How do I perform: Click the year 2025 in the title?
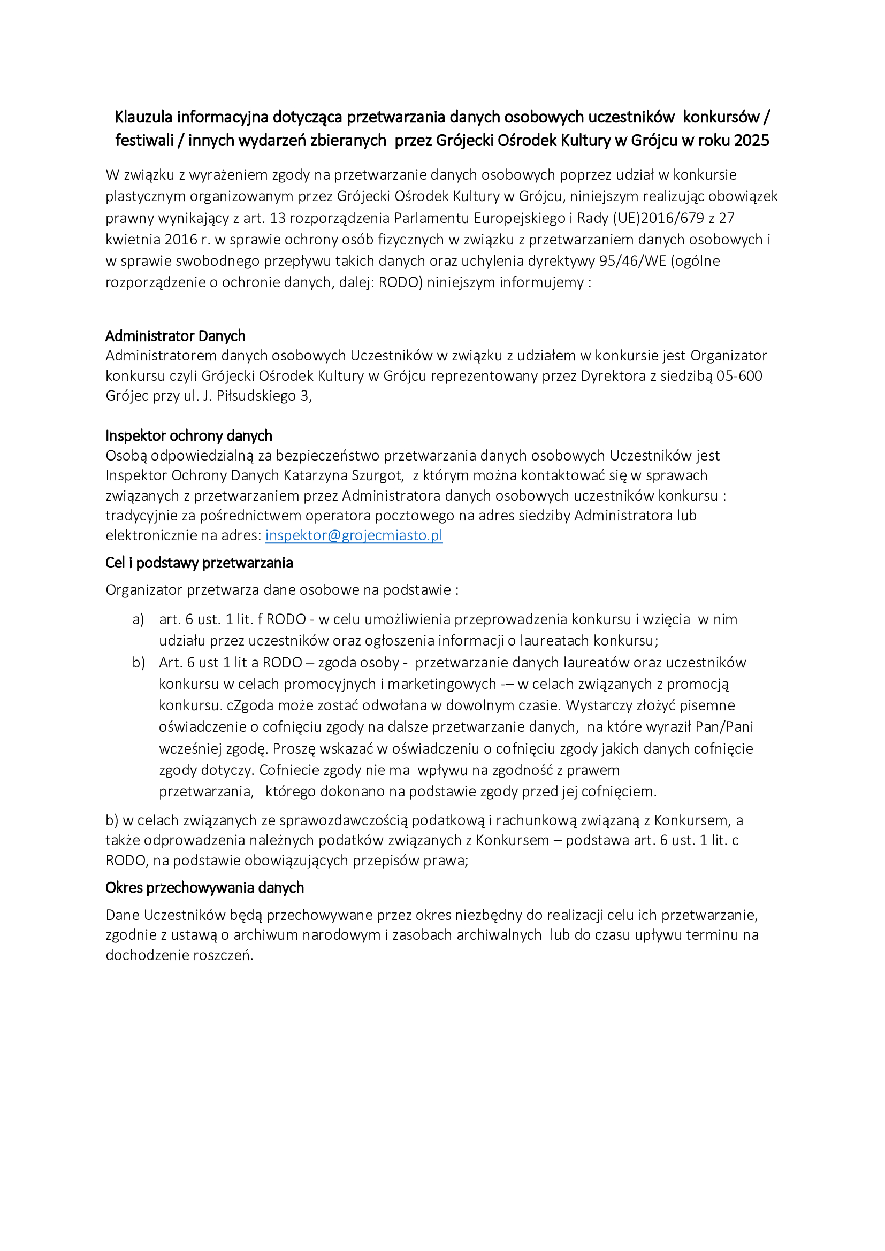tap(751, 141)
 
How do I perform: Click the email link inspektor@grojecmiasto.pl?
tap(354, 535)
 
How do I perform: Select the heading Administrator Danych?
tap(175, 336)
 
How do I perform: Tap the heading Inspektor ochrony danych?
tap(188, 435)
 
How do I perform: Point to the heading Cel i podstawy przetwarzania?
tap(199, 563)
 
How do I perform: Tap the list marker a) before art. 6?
tap(139, 619)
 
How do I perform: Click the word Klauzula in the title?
tap(143, 117)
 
